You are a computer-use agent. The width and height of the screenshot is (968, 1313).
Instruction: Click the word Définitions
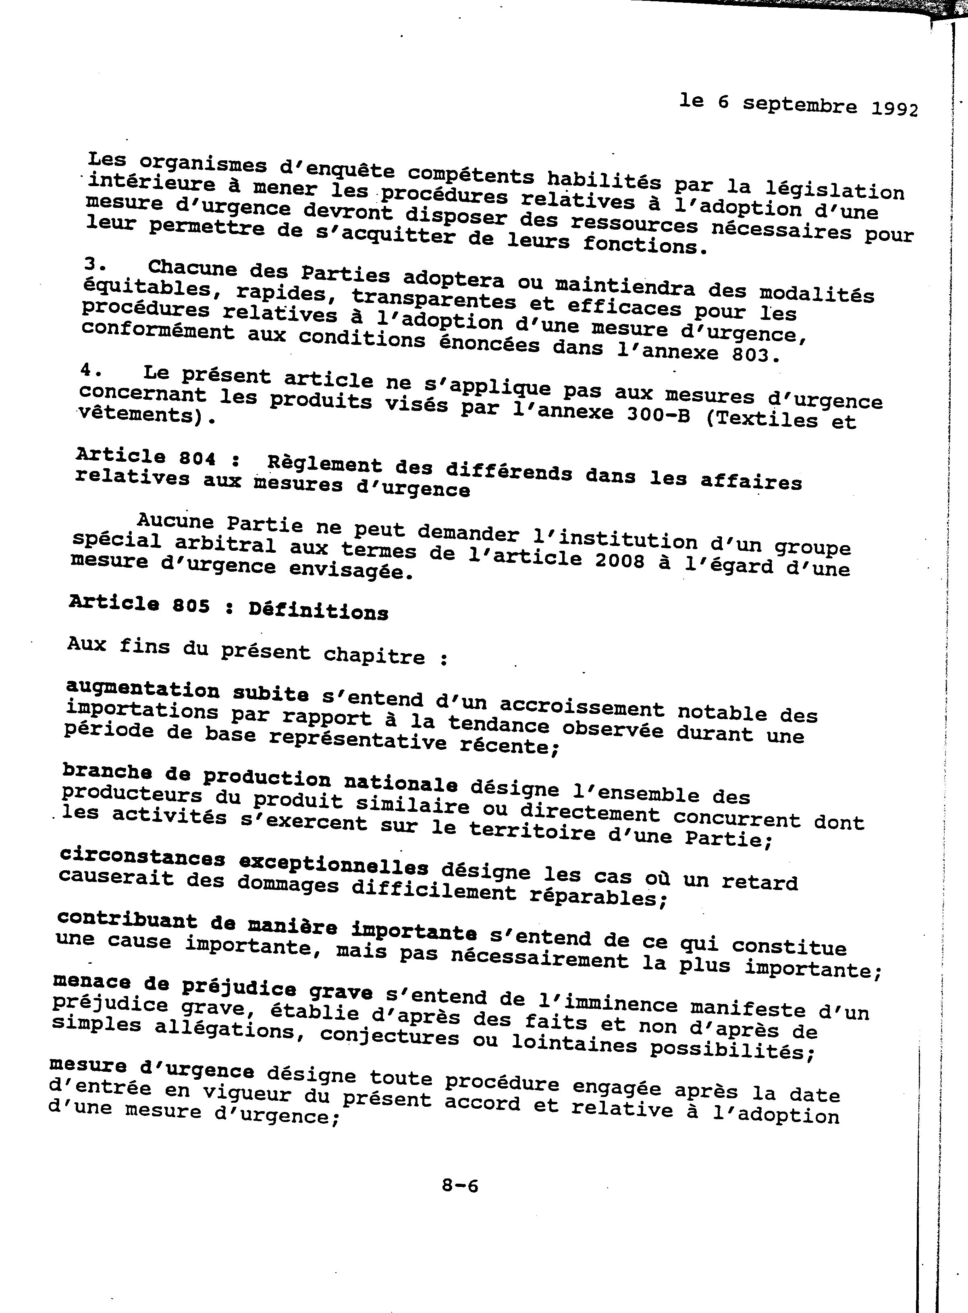(318, 611)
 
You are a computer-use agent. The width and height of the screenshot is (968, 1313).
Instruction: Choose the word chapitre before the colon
(374, 655)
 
